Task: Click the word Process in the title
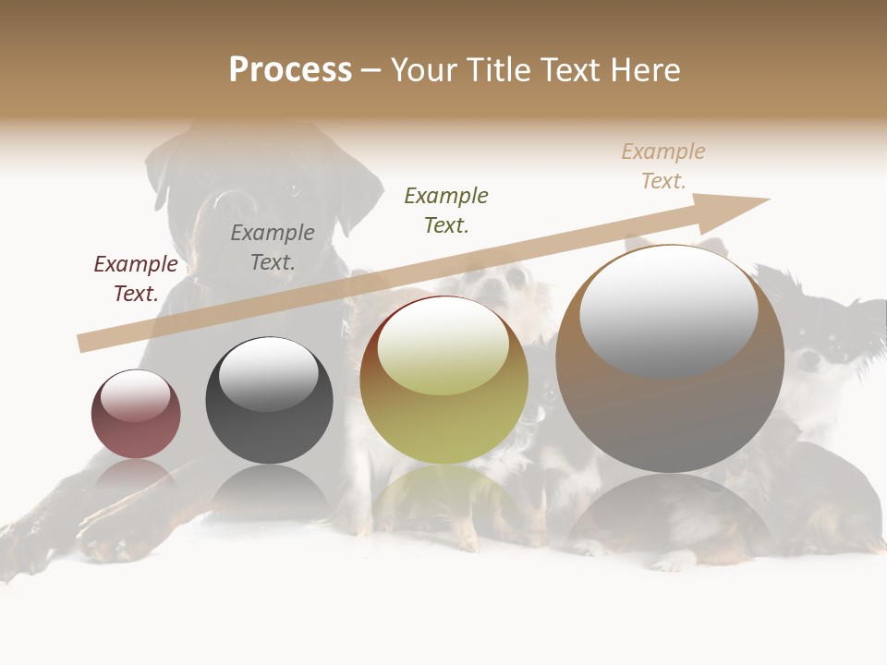(x=290, y=70)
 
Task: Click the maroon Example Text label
(x=136, y=279)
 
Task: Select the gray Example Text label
(x=273, y=248)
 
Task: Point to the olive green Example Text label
(x=446, y=211)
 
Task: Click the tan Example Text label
(x=663, y=166)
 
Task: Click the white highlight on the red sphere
(x=136, y=394)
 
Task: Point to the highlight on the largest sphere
(x=668, y=309)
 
